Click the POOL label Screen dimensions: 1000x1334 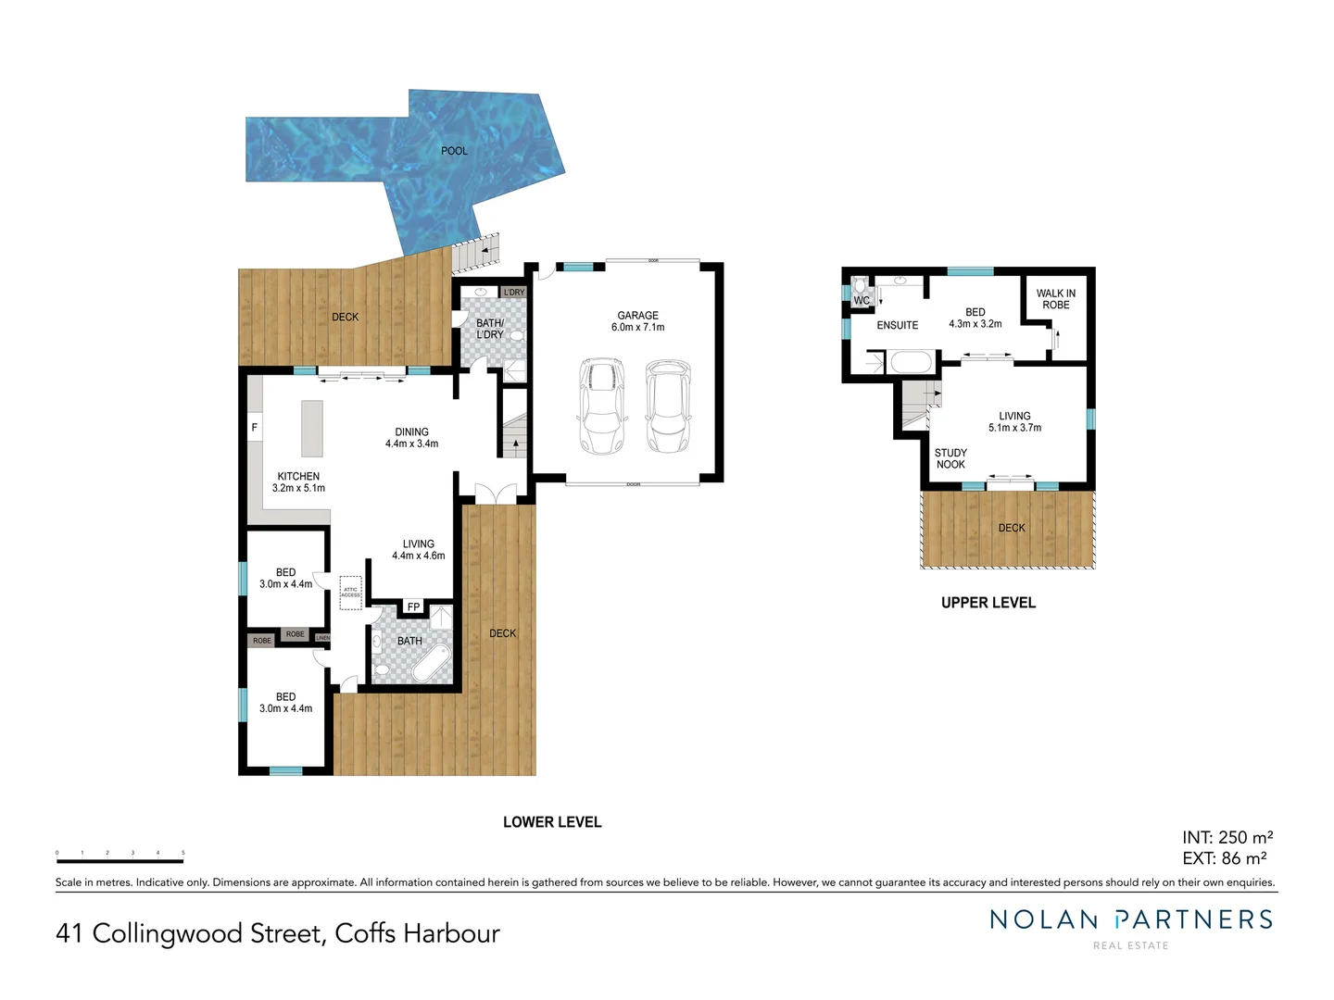pyautogui.click(x=454, y=151)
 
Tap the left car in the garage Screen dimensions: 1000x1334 pyautogui.click(x=601, y=406)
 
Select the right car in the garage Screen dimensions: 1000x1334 pyautogui.click(x=666, y=406)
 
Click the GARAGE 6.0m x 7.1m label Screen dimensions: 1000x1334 pyautogui.click(x=638, y=321)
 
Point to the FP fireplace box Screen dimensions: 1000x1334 pyautogui.click(x=413, y=607)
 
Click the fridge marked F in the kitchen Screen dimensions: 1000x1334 pyautogui.click(x=255, y=427)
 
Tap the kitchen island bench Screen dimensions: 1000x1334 pyautogui.click(x=312, y=429)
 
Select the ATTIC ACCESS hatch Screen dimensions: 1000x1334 pyautogui.click(x=351, y=592)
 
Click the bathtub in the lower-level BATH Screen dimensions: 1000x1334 pyautogui.click(x=431, y=663)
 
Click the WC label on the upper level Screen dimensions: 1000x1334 pyautogui.click(x=862, y=300)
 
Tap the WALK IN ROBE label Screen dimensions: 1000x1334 pyautogui.click(x=1056, y=299)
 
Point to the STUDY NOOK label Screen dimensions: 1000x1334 pyautogui.click(x=950, y=459)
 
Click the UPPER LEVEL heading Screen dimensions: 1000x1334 pyautogui.click(x=988, y=603)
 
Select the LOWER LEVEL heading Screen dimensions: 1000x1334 pyautogui.click(x=552, y=822)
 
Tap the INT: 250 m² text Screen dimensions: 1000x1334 pyautogui.click(x=1227, y=838)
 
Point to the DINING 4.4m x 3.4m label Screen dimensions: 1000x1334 pyautogui.click(x=412, y=438)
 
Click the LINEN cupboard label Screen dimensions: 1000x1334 pyautogui.click(x=322, y=638)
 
